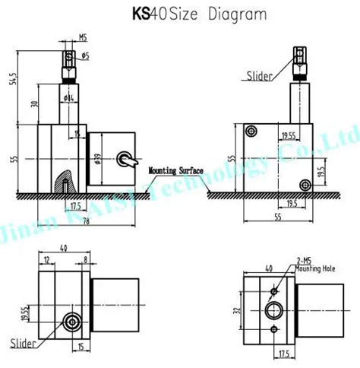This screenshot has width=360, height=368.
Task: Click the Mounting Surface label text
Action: point(175,171)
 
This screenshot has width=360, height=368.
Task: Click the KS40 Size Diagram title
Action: point(179,14)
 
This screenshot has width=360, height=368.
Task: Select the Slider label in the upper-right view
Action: point(258,75)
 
